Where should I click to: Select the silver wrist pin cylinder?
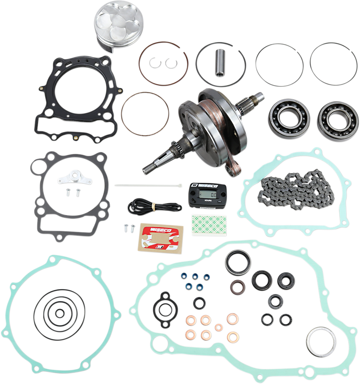(220, 62)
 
